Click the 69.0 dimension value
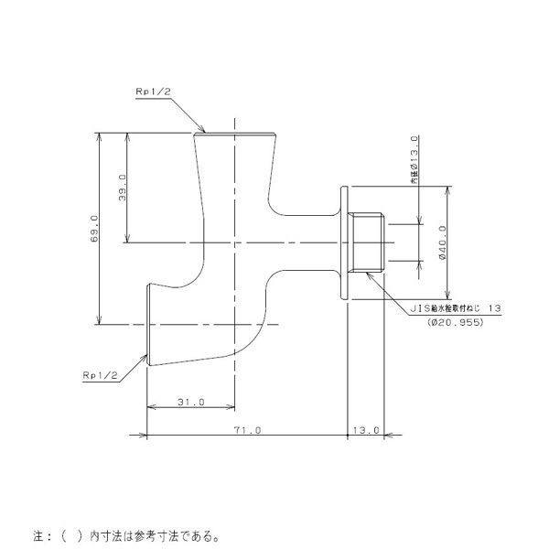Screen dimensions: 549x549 point(94,229)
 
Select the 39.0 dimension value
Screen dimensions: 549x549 point(123,188)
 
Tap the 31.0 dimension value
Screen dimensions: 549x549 point(191,402)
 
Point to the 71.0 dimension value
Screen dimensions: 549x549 point(248,430)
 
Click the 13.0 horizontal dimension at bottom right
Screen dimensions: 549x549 point(366,430)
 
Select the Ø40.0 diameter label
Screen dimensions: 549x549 point(442,242)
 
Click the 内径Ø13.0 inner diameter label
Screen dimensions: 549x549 point(414,159)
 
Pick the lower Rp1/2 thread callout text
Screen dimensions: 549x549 point(100,375)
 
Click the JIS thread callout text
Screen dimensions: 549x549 point(456,308)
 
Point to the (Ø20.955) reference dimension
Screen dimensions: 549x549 point(455,322)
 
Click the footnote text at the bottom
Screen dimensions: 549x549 point(126,536)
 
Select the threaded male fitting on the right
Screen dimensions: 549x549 point(366,242)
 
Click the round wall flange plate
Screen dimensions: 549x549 point(344,242)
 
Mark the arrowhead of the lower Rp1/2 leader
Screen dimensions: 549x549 point(144,358)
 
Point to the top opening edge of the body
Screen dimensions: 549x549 point(234,134)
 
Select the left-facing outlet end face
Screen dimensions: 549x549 point(148,325)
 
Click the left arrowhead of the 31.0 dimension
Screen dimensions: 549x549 point(151,407)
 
